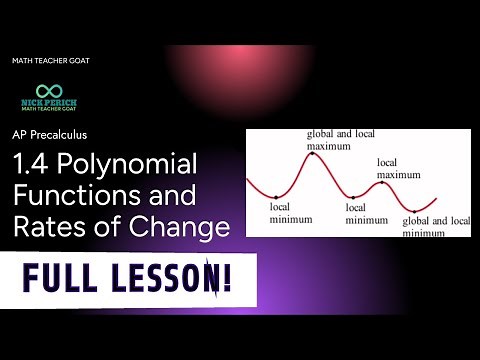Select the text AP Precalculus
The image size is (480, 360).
pyautogui.click(x=52, y=134)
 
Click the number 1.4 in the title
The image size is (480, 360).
pyautogui.click(x=33, y=163)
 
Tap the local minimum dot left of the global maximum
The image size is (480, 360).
pyautogui.click(x=276, y=196)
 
